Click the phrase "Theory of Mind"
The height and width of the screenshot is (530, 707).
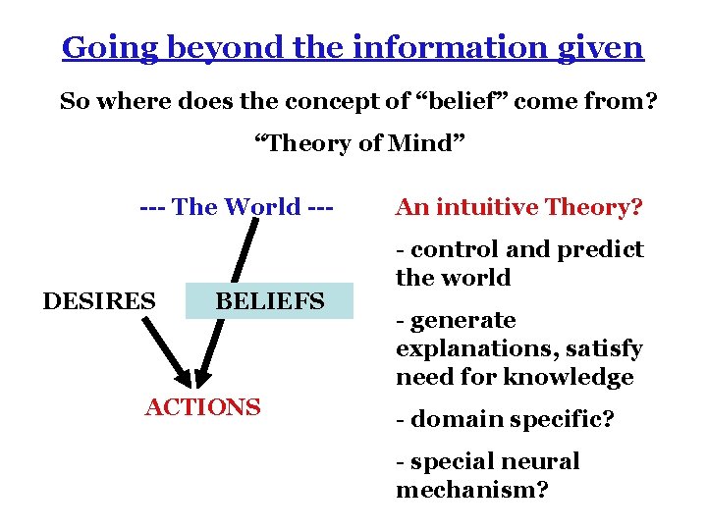(x=359, y=143)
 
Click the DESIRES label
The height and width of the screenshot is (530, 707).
(x=99, y=300)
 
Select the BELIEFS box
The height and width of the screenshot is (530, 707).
(x=269, y=300)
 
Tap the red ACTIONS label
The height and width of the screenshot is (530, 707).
(x=202, y=406)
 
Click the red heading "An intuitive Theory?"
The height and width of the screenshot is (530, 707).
(x=518, y=207)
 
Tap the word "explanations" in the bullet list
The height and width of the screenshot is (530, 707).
(x=460, y=348)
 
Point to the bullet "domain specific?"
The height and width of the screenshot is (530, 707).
(x=505, y=420)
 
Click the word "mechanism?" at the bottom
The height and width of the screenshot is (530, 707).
(x=471, y=490)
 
